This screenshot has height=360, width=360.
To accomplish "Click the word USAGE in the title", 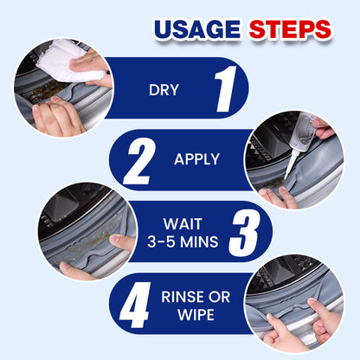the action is coord(197,29).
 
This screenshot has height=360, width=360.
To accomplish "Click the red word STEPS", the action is coord(290,29).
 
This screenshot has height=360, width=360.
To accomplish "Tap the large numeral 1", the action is coord(226,89).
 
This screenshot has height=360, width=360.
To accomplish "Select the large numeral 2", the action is coord(139,161).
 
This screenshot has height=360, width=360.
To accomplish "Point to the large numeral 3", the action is coord(245,233).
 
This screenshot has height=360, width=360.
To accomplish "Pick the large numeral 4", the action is coord(136,305).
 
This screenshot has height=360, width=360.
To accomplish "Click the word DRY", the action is coord(164,90).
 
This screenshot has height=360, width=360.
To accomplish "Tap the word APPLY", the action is coord(196,159).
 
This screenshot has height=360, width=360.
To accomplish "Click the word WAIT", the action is coord(183,224).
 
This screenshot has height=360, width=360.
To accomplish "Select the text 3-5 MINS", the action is coord(183,241).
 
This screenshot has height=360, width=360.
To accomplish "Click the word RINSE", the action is coord(183,297).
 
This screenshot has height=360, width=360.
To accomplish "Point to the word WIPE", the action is coord(196,315).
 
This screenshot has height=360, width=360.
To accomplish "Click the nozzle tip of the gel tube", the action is coord(286,178).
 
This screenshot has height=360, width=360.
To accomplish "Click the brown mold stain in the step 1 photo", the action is coord(43,92).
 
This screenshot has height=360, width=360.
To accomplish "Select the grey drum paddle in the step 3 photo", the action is coord(60,206).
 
